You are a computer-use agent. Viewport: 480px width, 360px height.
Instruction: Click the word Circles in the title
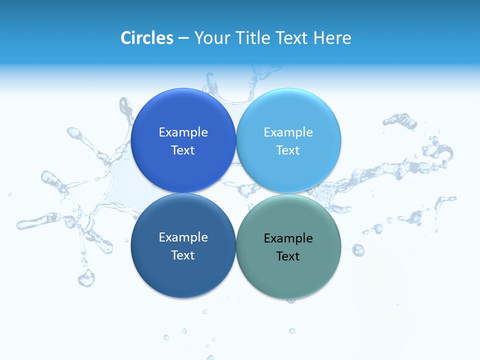pos(147,38)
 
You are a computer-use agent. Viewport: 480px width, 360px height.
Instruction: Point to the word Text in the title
pos(292,38)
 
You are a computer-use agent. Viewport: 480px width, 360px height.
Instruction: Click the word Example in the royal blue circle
pos(183,132)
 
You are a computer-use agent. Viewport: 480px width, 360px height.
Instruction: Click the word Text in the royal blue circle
pos(183,150)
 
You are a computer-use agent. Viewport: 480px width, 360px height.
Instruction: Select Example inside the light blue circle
pos(288,132)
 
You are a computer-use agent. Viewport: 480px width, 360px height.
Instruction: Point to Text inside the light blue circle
pos(288,150)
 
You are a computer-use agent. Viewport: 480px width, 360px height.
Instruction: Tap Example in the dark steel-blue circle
pos(183,237)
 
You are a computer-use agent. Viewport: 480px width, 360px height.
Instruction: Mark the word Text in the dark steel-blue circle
pos(183,255)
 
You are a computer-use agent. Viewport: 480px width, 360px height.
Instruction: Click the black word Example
pos(288,238)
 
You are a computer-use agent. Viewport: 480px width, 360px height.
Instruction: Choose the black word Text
pos(288,256)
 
